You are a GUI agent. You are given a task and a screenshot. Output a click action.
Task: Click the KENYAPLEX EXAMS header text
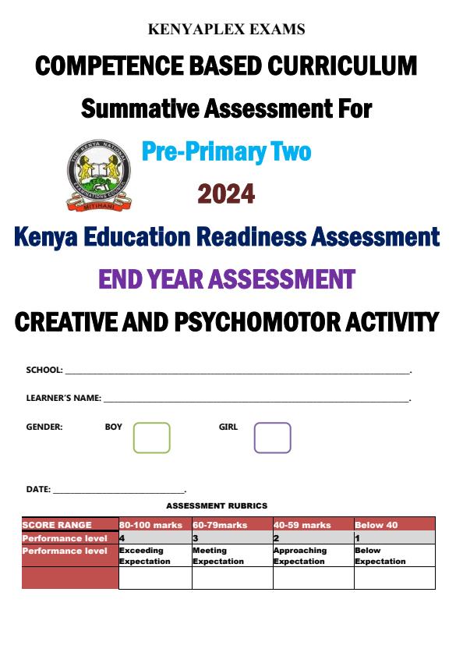[226, 30]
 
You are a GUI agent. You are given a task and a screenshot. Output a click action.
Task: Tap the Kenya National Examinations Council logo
[96, 176]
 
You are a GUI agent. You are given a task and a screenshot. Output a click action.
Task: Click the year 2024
[226, 193]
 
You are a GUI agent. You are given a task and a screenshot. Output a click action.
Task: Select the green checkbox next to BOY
[151, 438]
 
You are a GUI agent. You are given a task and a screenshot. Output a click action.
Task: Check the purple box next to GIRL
[272, 438]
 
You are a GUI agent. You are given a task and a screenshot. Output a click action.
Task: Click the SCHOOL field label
[44, 371]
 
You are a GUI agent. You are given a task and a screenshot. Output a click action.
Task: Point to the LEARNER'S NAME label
[63, 398]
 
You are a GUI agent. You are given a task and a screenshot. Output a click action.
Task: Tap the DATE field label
[37, 489]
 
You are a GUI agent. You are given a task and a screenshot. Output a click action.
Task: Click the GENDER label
[44, 427]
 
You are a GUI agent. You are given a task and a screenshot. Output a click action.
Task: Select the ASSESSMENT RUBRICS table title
[228, 506]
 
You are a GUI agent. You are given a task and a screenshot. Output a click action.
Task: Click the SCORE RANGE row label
[57, 525]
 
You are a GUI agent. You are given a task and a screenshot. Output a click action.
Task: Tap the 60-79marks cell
[220, 525]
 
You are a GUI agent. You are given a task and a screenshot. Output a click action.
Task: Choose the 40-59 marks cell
[302, 525]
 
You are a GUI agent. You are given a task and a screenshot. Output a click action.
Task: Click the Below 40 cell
[376, 525]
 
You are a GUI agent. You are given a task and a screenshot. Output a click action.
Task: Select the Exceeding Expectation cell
[145, 555]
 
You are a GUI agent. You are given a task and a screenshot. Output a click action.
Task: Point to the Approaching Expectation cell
[300, 555]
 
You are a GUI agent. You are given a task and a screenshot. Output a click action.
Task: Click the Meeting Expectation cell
[218, 555]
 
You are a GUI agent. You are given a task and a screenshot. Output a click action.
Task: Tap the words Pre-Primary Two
[226, 151]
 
